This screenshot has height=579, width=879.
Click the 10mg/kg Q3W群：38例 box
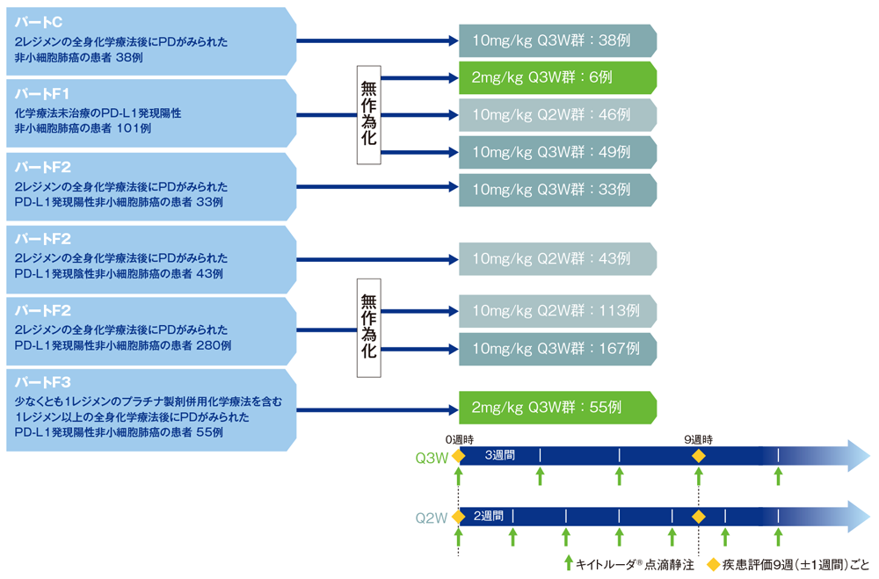(x=557, y=40)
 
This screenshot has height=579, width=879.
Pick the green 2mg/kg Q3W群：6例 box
(x=557, y=77)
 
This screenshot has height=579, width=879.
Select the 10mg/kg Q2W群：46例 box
(x=557, y=115)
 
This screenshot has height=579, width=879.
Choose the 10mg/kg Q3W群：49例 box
(x=557, y=152)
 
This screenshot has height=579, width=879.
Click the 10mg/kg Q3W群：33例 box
(x=557, y=189)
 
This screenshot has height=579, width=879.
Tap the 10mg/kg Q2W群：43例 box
(x=557, y=259)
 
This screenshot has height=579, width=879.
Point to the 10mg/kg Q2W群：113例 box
(x=557, y=311)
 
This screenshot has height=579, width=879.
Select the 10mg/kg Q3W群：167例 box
(x=557, y=349)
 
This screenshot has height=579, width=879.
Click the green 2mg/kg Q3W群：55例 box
(x=557, y=408)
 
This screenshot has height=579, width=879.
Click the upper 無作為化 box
(x=368, y=114)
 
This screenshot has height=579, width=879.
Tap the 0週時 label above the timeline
(x=459, y=438)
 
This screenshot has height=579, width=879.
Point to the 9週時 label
(x=698, y=438)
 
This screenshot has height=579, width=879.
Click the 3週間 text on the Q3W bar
(x=499, y=456)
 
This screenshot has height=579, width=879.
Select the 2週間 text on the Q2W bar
(x=488, y=516)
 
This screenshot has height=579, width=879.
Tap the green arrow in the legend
(x=568, y=564)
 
